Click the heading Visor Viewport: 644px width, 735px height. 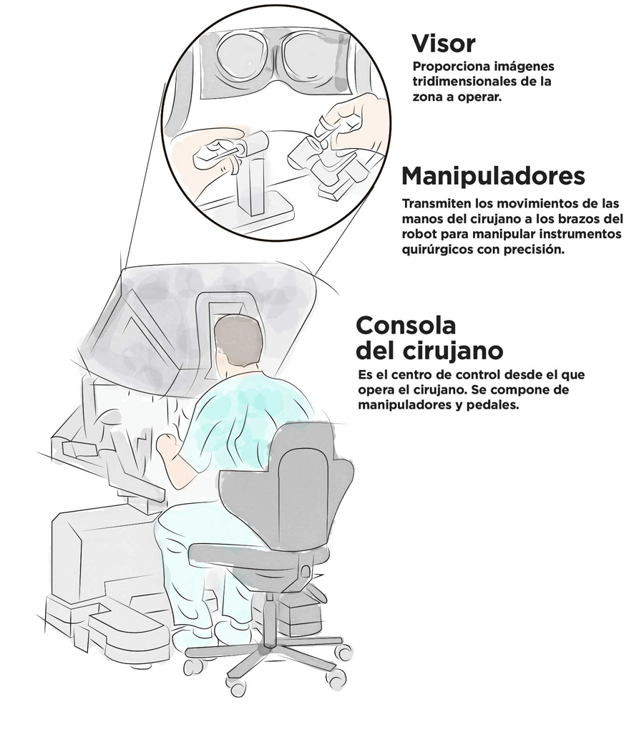[x=443, y=44]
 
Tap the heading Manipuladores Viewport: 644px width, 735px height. [x=493, y=175]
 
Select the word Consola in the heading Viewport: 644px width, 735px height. [x=406, y=325]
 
